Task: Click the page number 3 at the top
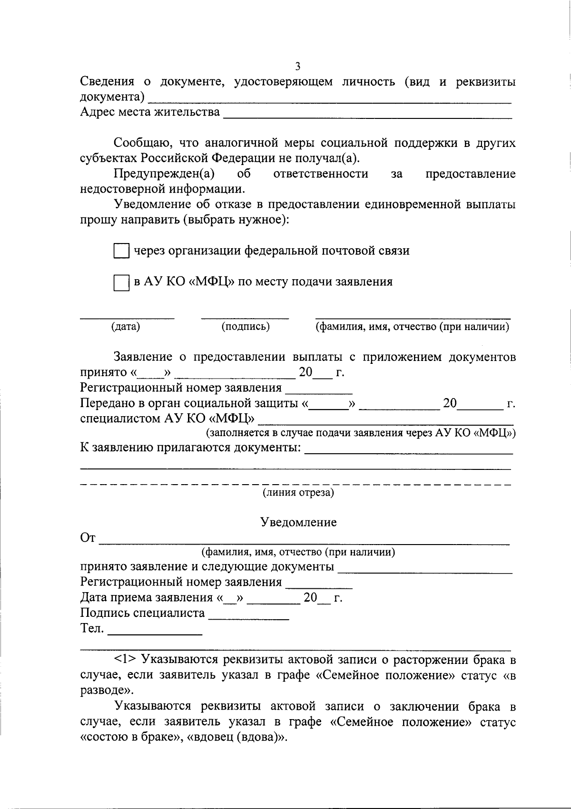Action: click(298, 66)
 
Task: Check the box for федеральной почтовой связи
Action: click(121, 251)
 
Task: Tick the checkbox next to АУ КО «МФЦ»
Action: click(121, 283)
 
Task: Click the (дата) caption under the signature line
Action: click(126, 327)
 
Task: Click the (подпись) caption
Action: click(246, 327)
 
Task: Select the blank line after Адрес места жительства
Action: click(367, 115)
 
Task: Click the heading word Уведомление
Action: click(298, 522)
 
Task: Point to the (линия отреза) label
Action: click(298, 492)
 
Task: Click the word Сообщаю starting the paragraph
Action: click(139, 143)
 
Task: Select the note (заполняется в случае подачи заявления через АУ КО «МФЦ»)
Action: click(361, 433)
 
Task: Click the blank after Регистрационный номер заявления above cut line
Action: click(318, 391)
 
